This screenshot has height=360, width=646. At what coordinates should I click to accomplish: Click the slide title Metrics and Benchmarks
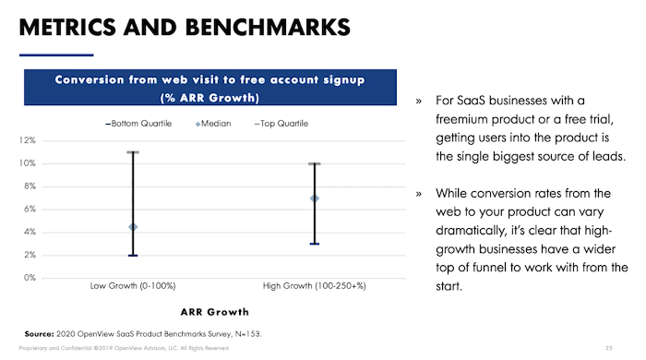click(x=185, y=25)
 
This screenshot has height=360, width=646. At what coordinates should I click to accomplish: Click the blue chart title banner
click(x=209, y=88)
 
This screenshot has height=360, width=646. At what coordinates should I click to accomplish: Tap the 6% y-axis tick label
click(x=29, y=209)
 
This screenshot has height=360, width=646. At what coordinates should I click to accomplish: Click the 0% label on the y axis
click(x=29, y=277)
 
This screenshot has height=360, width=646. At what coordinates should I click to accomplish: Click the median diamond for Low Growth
click(x=133, y=226)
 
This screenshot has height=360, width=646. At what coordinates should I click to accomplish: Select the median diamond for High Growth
click(x=315, y=198)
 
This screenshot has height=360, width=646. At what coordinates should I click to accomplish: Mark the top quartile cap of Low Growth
click(x=133, y=152)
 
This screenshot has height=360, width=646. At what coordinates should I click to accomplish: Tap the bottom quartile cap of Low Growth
click(x=133, y=255)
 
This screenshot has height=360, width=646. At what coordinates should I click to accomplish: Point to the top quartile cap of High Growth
click(x=315, y=164)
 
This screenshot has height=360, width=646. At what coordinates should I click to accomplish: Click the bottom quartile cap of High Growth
click(x=315, y=244)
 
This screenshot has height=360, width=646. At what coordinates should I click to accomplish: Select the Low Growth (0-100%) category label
click(x=133, y=286)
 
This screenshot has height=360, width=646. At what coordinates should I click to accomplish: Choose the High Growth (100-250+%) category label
click(x=315, y=286)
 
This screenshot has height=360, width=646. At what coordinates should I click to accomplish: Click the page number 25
click(x=609, y=349)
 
